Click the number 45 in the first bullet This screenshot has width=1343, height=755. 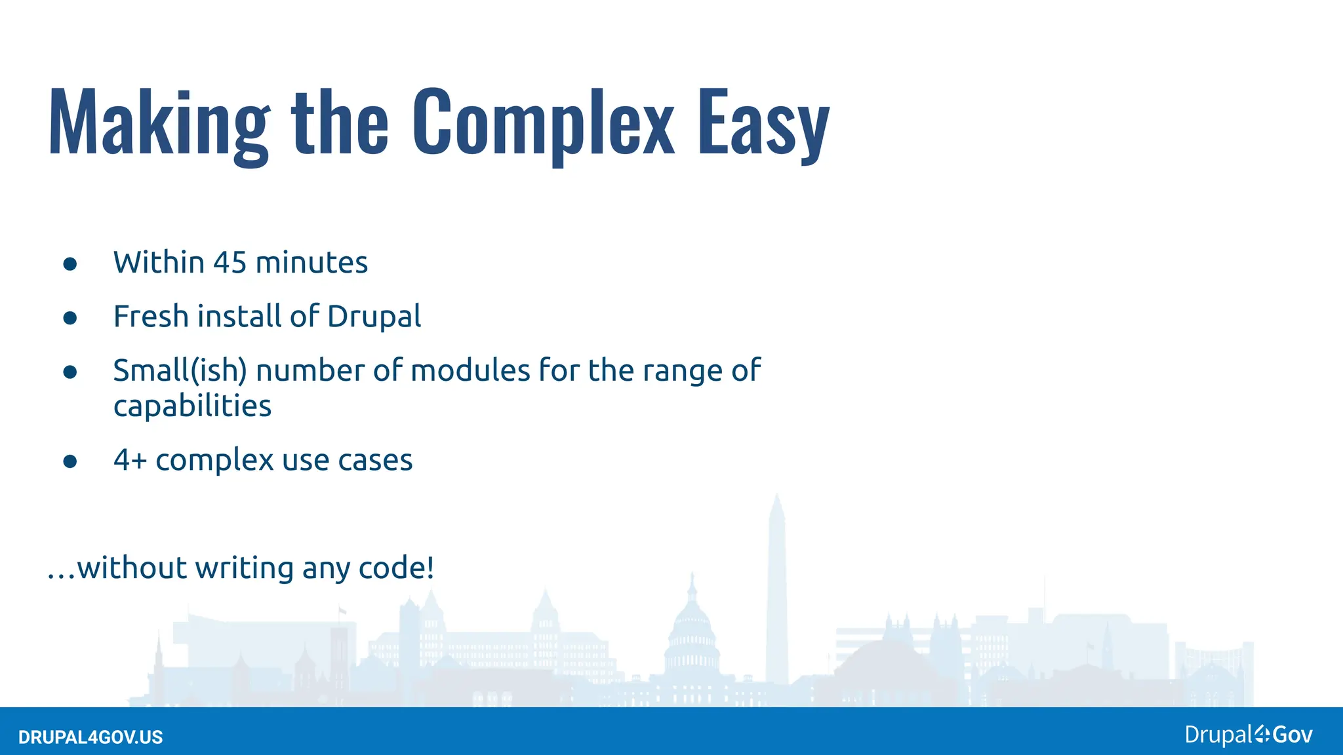click(x=230, y=263)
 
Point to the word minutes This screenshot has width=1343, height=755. click(x=311, y=263)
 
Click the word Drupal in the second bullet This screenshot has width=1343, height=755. click(x=374, y=317)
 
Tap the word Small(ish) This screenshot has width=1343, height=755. click(x=180, y=371)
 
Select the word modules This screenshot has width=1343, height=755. click(x=470, y=371)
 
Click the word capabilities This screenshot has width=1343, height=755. click(x=192, y=406)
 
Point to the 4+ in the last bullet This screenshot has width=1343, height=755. click(x=130, y=460)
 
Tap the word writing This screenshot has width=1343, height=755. click(x=244, y=568)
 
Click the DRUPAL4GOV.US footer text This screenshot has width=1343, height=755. click(x=90, y=737)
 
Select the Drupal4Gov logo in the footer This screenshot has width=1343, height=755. click(x=1248, y=735)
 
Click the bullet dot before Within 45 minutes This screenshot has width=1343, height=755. click(x=70, y=264)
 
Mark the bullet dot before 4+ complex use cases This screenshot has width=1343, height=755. click(x=70, y=461)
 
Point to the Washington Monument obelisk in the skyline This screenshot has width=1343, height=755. click(x=777, y=590)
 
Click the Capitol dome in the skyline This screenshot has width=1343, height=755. click(x=692, y=623)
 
